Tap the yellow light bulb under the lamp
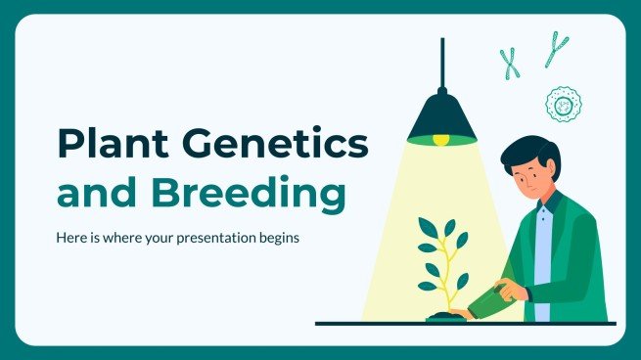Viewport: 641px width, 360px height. pos(441,139)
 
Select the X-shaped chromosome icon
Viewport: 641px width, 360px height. pos(510,63)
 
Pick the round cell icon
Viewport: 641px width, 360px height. pos(562,103)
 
